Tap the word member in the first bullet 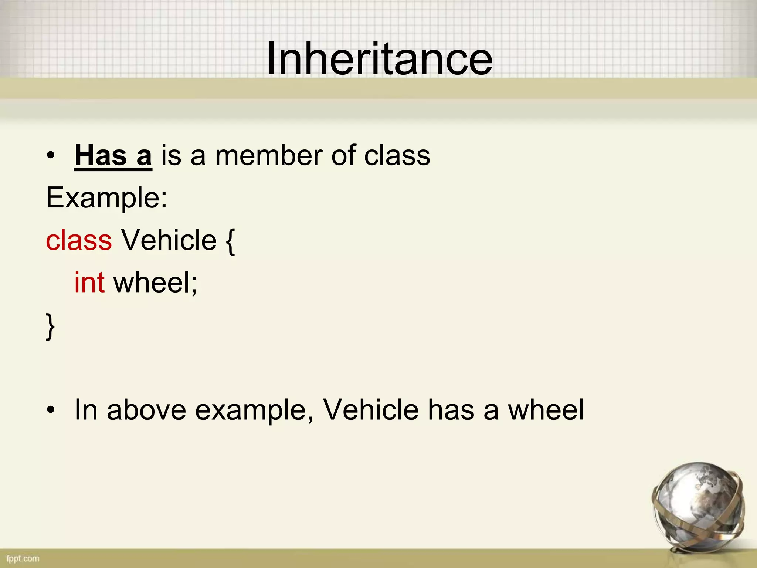269,155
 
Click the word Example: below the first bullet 106,198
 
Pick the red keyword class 79,240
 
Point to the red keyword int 89,283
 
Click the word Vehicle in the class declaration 169,240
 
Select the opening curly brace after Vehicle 230,241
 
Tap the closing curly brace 50,326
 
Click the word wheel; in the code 155,283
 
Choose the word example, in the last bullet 254,410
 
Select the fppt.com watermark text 23,558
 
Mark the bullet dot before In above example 51,410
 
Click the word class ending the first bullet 397,155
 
